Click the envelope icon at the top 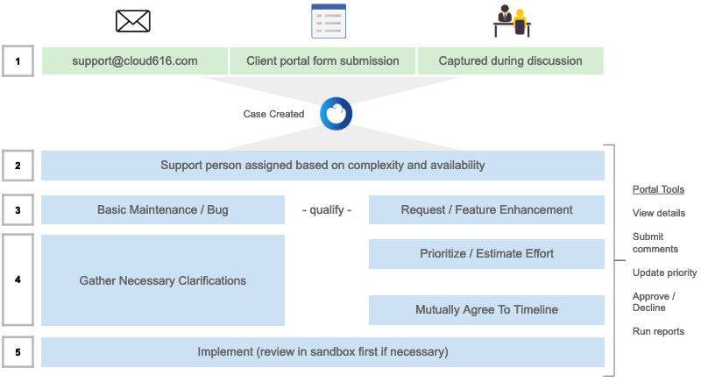coord(133,21)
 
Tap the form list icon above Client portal coord(329,21)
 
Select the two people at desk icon coord(512,21)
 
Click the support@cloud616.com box coord(134,61)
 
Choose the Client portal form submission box coord(322,61)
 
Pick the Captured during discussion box coord(510,61)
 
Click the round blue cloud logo coord(336,114)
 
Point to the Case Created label coord(274,115)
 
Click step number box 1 coord(18,61)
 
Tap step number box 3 coord(18,210)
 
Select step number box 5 coord(18,352)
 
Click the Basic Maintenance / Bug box coord(163,210)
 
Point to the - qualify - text coord(326,210)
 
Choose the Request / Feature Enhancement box coord(486,210)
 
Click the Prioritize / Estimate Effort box coord(486,254)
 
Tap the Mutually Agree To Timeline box coord(486,310)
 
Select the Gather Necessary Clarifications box coord(163,280)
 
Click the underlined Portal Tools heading coord(658,189)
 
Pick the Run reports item coord(658,331)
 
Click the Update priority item coord(664,272)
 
